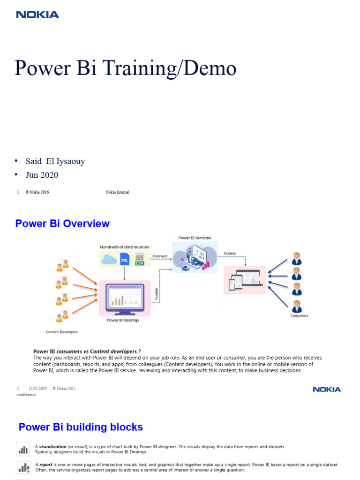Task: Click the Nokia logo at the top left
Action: tap(37, 15)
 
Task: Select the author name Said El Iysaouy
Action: tap(55, 161)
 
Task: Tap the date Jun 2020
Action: tap(42, 175)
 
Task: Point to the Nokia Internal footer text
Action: tap(118, 192)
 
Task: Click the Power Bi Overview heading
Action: tap(62, 224)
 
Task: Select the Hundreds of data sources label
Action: tap(124, 247)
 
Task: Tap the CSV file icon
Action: tap(139, 259)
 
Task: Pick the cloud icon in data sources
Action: tap(110, 259)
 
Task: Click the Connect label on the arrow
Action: tap(160, 256)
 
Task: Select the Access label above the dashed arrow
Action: tap(230, 253)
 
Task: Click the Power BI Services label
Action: tap(195, 238)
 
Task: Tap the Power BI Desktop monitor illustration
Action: tap(124, 299)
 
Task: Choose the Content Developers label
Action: tap(62, 332)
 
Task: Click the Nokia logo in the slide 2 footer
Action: tap(327, 390)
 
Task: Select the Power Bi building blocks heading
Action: tap(81, 427)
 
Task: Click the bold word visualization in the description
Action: tap(53, 447)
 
